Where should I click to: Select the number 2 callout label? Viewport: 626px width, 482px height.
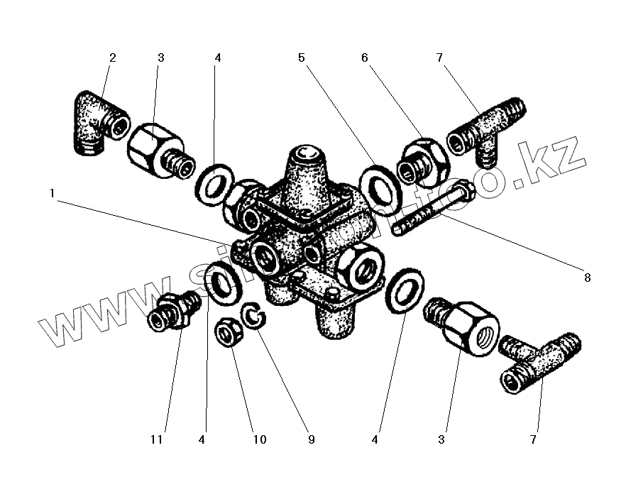(112, 58)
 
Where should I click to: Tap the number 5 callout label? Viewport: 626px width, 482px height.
(302, 58)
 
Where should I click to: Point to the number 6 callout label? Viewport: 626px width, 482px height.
(365, 58)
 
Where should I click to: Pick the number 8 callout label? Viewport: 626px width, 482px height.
(587, 277)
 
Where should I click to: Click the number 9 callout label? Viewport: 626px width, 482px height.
(310, 439)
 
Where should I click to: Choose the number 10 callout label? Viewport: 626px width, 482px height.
(259, 439)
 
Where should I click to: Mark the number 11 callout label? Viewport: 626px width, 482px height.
(157, 439)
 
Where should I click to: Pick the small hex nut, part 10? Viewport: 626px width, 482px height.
(228, 331)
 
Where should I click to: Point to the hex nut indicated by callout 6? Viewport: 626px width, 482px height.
(422, 162)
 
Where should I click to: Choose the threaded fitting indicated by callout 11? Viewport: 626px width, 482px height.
(172, 313)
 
